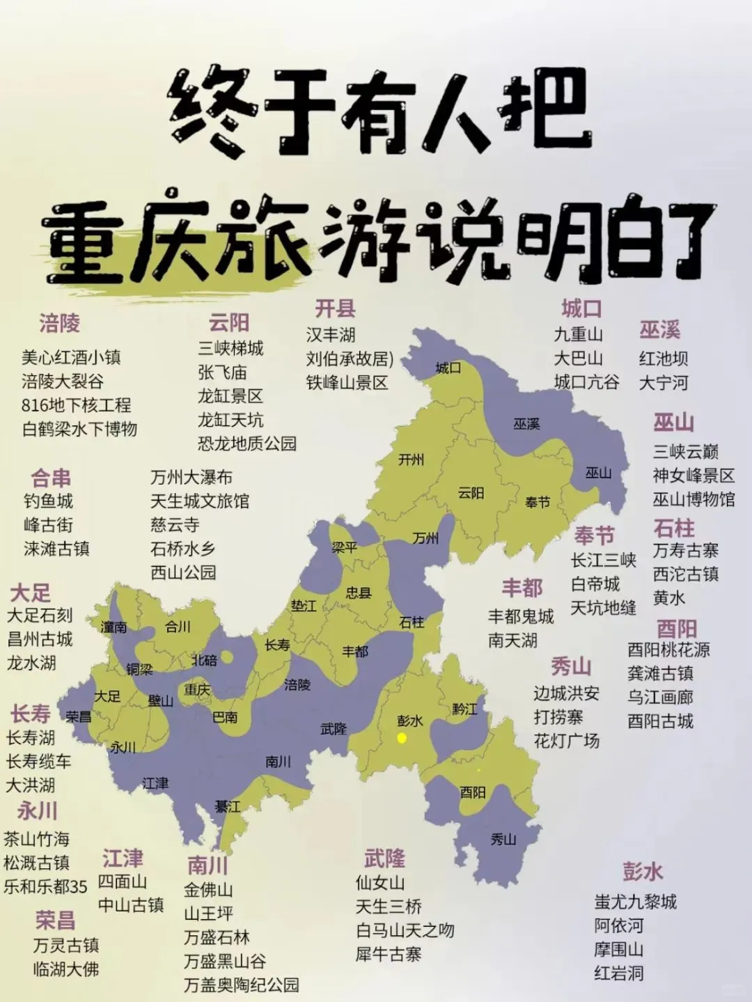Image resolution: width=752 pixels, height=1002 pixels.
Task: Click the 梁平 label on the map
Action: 344,547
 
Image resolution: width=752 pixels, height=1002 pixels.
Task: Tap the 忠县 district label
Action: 359,593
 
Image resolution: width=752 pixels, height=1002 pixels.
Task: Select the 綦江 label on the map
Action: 228,806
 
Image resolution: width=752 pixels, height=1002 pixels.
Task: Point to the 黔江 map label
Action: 464,709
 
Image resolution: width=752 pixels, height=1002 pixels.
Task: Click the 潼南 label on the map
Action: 113,627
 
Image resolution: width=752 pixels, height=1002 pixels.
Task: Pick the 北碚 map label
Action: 204,660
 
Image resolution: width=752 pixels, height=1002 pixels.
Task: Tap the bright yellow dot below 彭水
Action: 402,738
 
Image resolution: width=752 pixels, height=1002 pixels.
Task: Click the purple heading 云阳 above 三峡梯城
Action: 229,322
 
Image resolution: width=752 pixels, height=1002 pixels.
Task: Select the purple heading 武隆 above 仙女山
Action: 384,859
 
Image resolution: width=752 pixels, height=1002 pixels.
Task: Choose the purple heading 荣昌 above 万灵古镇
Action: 55,920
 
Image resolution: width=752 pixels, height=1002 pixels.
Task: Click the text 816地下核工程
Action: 76,405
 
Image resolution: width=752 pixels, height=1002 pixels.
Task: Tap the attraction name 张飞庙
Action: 222,373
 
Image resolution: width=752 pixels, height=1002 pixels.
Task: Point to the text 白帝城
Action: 595,584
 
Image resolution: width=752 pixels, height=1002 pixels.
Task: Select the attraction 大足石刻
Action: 40,616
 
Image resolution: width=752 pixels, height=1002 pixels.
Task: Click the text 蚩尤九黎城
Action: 635,902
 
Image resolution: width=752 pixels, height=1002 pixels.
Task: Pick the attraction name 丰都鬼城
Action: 521,616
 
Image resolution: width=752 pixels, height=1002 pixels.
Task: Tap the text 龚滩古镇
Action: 660,673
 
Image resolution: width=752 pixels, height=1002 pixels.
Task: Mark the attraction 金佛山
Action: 208,890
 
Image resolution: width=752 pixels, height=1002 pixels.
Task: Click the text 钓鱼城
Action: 48,501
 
